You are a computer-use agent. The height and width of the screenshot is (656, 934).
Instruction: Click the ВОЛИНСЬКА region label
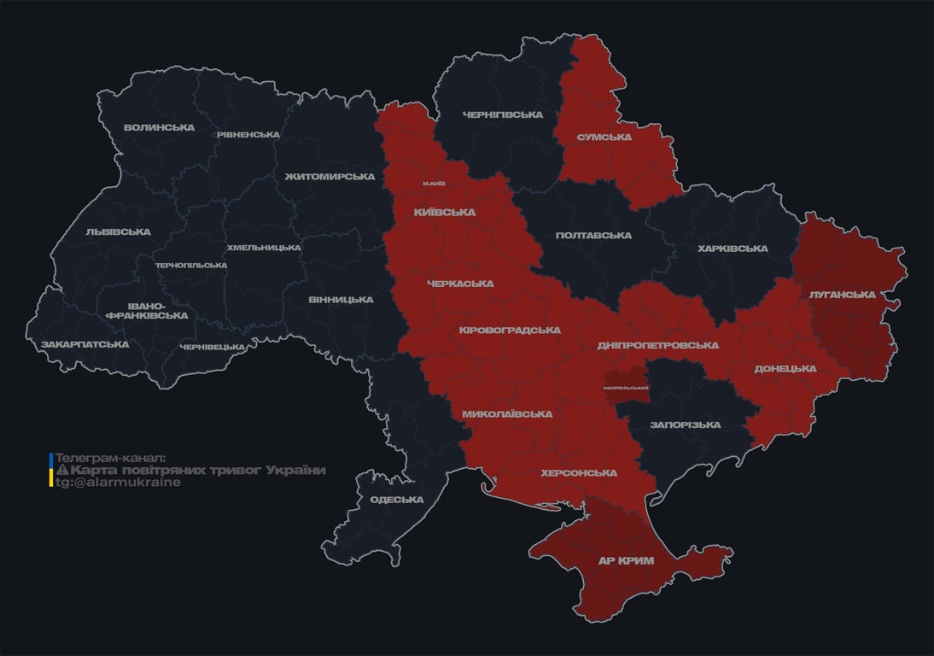tap(159, 128)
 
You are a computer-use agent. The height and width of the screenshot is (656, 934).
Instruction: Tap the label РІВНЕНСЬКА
tap(248, 135)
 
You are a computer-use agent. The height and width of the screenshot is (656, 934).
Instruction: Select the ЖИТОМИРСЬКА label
tap(330, 177)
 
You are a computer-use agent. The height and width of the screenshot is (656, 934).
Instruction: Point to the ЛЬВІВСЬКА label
tap(118, 232)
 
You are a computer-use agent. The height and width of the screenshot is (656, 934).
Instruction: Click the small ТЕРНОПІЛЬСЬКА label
tap(191, 265)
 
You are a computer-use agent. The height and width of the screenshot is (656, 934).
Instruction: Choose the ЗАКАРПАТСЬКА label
tap(85, 345)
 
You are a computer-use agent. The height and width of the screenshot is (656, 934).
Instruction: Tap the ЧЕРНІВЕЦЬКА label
tap(213, 347)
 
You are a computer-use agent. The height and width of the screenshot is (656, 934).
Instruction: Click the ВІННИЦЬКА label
tap(341, 300)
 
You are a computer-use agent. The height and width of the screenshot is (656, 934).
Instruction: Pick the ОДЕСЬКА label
tap(396, 500)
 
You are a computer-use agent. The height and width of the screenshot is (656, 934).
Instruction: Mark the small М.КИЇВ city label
tap(435, 184)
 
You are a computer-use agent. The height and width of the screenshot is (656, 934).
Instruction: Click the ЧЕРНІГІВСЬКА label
tap(503, 114)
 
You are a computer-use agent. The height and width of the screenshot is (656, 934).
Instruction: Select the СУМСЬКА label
tap(604, 137)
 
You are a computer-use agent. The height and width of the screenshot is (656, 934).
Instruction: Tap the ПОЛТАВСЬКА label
tap(593, 236)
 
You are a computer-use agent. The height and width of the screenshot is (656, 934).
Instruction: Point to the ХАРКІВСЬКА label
tap(733, 249)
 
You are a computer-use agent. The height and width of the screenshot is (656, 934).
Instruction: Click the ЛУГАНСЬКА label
tap(843, 295)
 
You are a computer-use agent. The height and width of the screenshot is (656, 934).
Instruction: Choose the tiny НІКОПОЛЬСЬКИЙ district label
tap(626, 388)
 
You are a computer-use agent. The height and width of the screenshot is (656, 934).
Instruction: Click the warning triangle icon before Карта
tap(61, 471)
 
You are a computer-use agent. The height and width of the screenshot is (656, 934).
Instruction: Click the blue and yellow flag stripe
tap(51, 470)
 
